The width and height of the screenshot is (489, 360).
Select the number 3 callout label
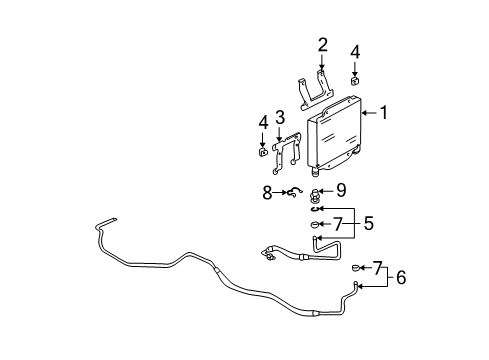tap(281, 118)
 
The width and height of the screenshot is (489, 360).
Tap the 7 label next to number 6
tap(379, 268)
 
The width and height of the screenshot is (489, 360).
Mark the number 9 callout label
tap(341, 189)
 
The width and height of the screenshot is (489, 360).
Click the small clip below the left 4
tap(261, 151)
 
